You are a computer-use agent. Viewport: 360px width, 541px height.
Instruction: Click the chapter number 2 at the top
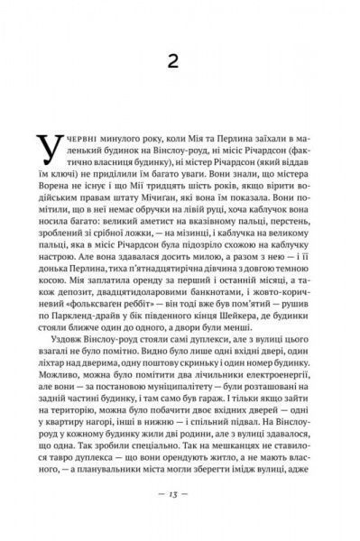coord(180,60)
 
